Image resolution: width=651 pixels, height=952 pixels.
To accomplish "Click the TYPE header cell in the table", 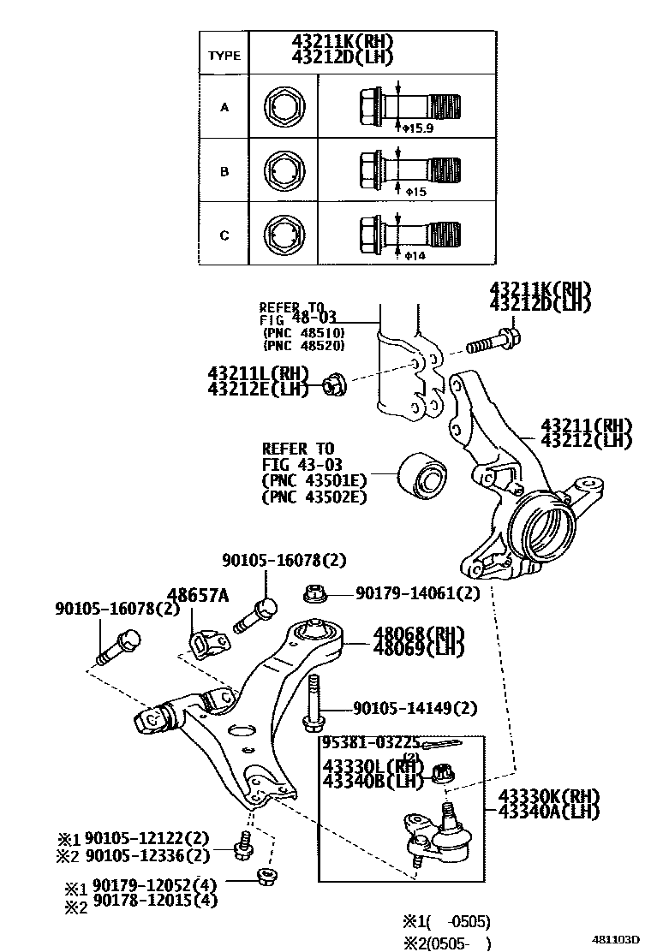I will [x=224, y=55].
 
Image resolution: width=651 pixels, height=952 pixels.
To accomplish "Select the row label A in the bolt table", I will [x=224, y=108].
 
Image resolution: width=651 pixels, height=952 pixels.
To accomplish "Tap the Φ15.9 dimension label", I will [x=419, y=128].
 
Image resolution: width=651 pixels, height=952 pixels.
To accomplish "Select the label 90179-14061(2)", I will [x=417, y=592].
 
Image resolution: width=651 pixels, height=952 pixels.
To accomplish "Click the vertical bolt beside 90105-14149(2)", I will [x=314, y=704].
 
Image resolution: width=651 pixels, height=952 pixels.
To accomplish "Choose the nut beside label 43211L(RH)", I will [x=333, y=386].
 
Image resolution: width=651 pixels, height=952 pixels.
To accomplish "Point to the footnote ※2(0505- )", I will [x=446, y=943].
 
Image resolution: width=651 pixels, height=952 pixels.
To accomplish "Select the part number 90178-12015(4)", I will [x=155, y=900].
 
